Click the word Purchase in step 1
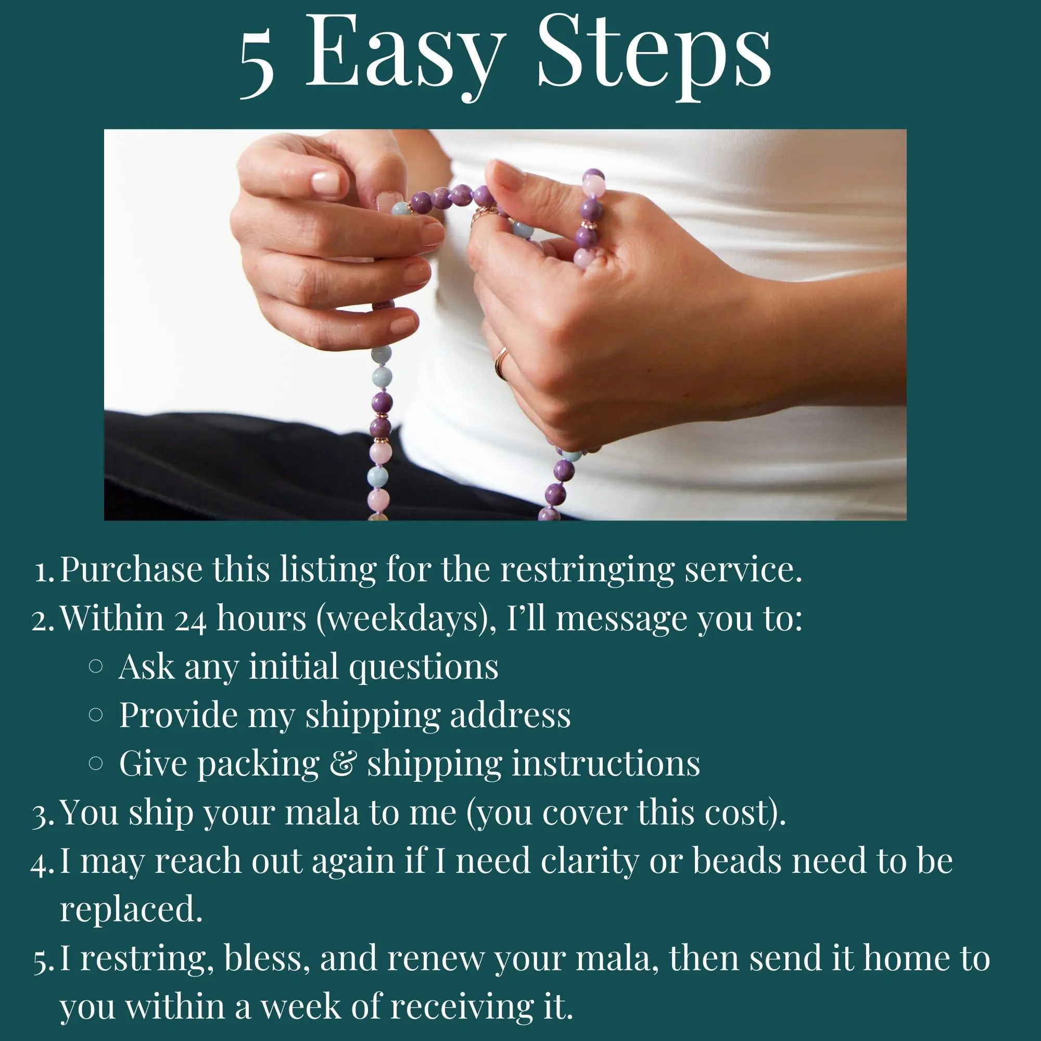pos(131,569)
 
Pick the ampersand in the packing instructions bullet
pos(343,764)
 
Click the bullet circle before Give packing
pos(95,763)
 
